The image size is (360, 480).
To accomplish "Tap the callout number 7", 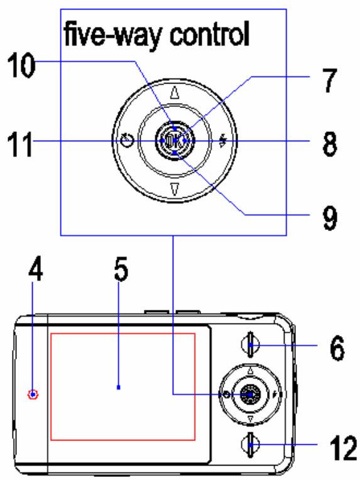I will coord(326,80).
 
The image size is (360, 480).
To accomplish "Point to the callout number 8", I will coord(327,143).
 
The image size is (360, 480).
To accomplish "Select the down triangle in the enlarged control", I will coord(175,190).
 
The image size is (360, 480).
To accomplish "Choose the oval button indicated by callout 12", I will coord(249,447).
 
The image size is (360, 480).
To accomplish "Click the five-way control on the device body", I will coord(250,394).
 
